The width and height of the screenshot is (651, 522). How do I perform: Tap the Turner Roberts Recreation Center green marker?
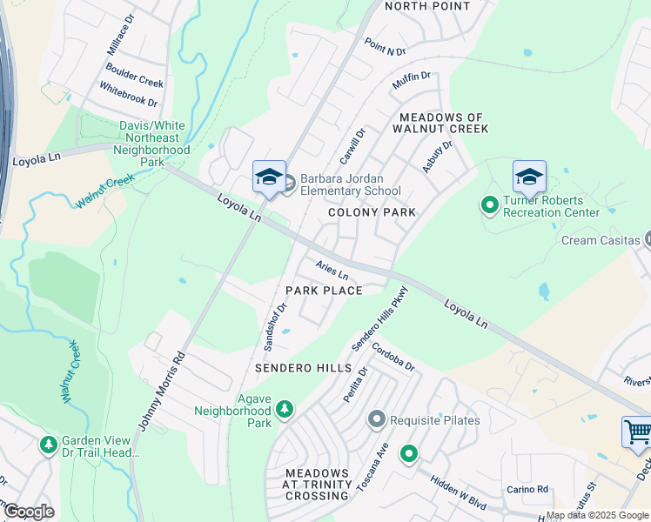(489, 205)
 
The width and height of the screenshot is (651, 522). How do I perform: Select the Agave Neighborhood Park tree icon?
(284, 408)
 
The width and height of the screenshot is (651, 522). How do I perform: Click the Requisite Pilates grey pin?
(377, 420)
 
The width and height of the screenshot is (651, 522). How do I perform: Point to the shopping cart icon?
(637, 432)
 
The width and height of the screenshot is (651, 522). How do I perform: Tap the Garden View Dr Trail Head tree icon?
(49, 445)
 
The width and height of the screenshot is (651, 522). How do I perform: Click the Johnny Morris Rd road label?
(163, 391)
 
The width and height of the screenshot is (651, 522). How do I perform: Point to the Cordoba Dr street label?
(393, 358)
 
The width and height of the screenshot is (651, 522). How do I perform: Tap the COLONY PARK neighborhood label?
(372, 212)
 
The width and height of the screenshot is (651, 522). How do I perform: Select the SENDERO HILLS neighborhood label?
(303, 369)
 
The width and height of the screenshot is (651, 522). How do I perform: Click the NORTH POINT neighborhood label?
(426, 6)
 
